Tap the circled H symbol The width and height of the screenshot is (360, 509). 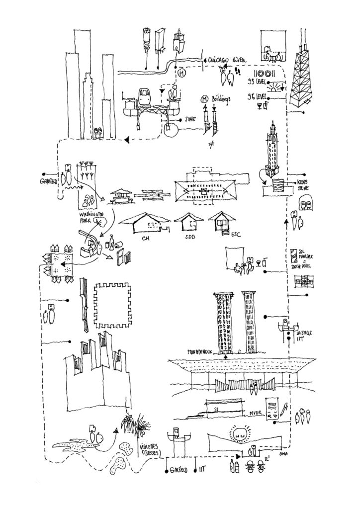point(181,74)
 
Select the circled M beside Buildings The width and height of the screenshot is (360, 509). point(203,99)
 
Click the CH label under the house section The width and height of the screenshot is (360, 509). point(146,238)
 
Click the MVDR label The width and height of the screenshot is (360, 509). point(254,412)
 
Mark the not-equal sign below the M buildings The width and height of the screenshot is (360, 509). point(211,144)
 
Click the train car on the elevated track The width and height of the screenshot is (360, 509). point(144,94)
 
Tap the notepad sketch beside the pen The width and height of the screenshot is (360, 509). point(271,409)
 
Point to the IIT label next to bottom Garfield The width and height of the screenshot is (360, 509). point(203,470)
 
